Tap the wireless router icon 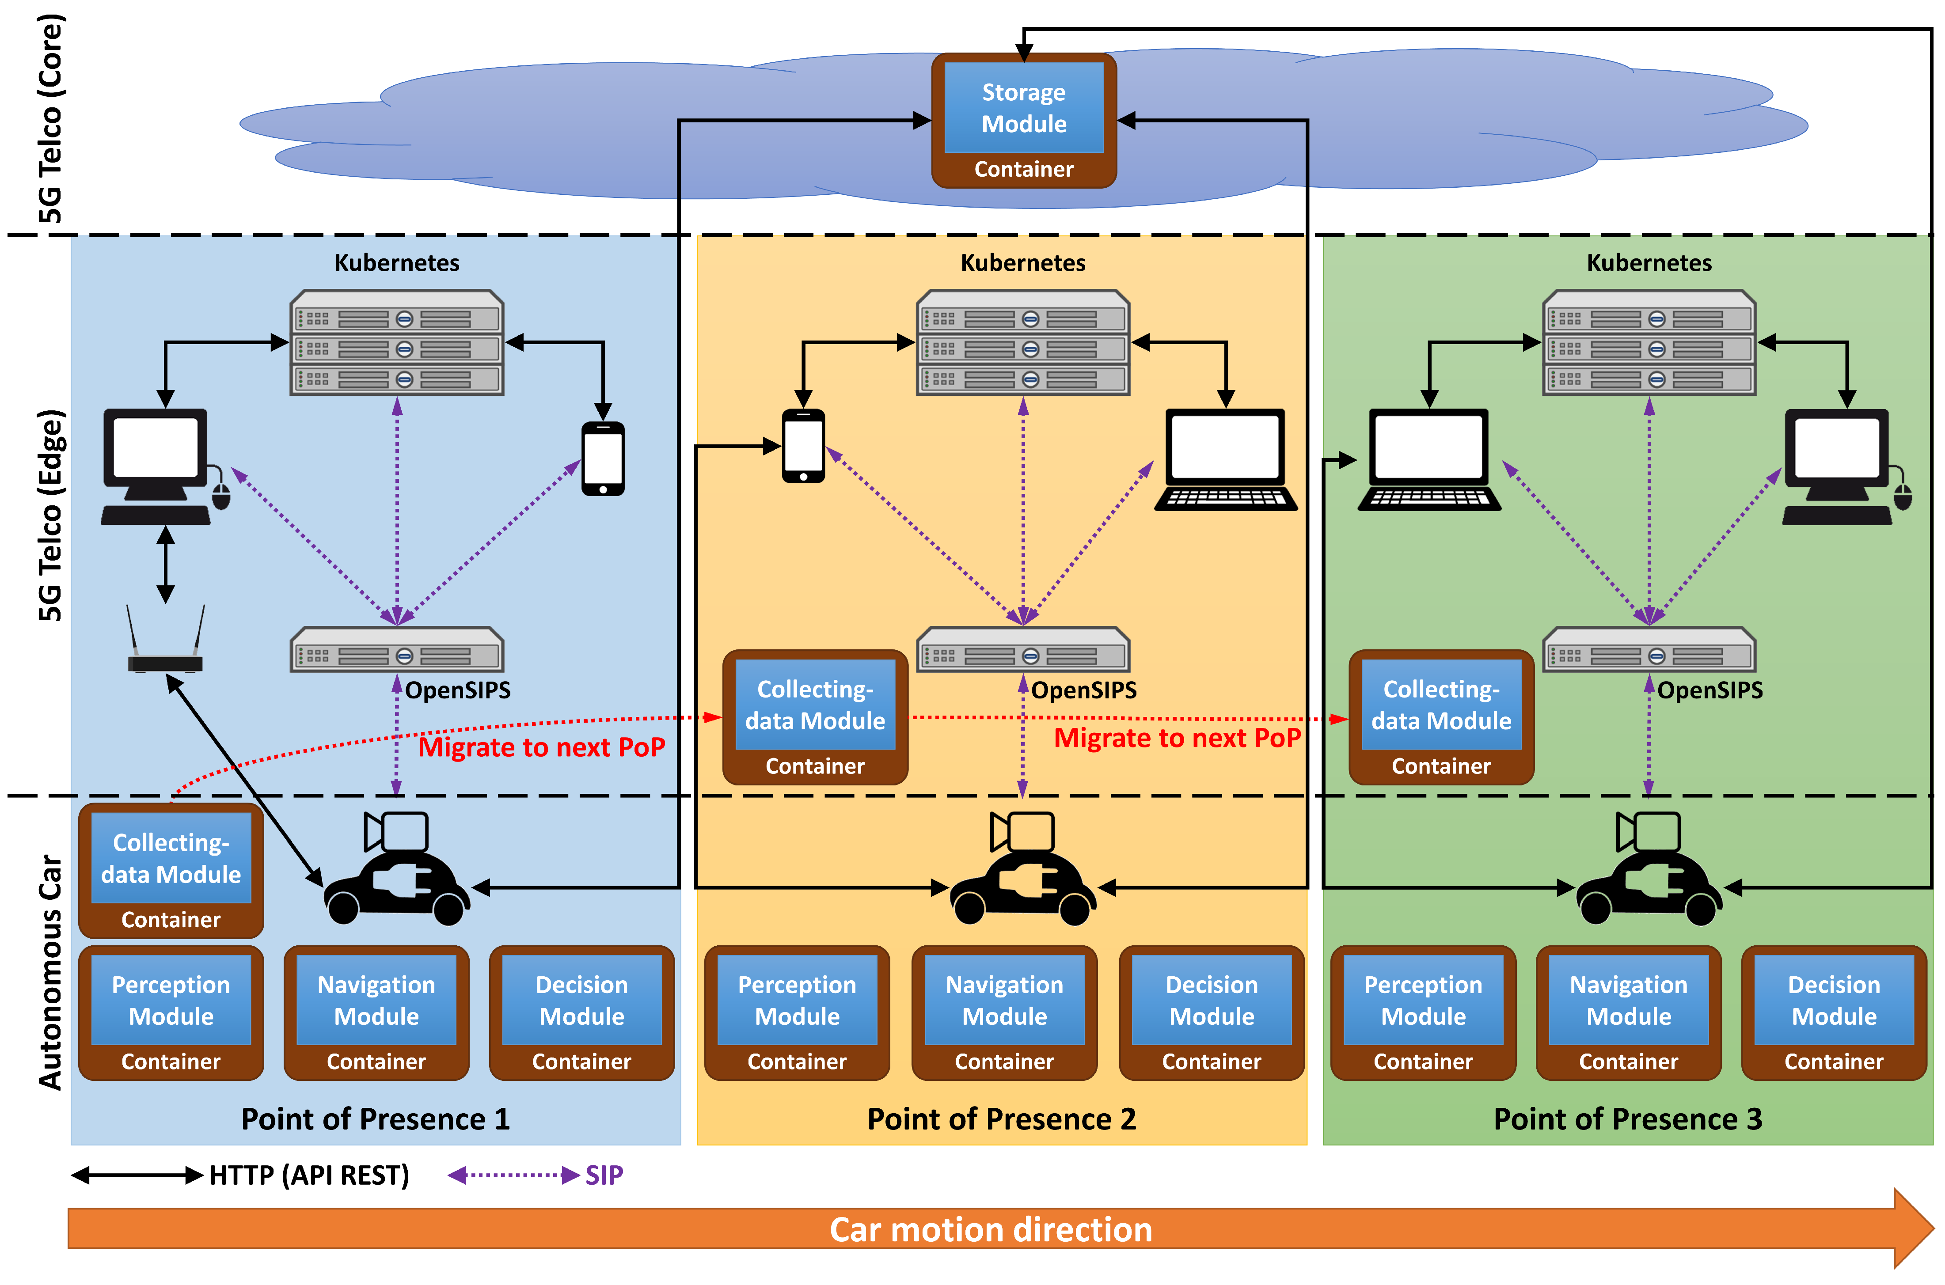coord(166,643)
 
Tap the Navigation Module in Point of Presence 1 coord(376,1013)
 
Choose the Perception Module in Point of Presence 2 coord(797,1013)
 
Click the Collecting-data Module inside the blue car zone coord(171,870)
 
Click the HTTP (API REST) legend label coord(309,1175)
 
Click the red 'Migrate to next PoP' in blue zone coord(541,747)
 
